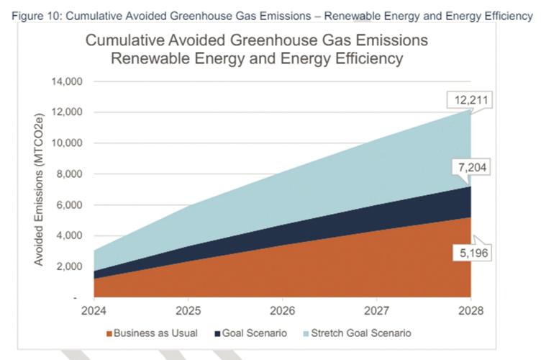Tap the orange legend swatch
point(109,333)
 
